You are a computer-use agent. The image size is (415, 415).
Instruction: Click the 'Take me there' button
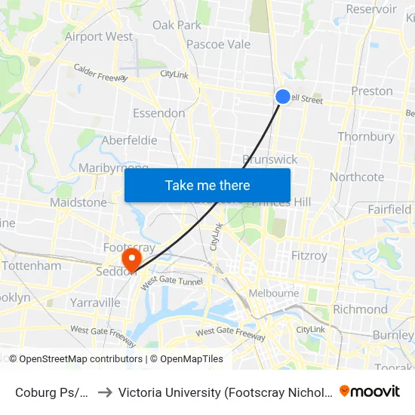click(x=207, y=185)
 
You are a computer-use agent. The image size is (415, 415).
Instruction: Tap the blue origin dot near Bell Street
click(x=282, y=97)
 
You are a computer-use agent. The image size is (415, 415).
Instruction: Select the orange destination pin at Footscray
click(x=132, y=260)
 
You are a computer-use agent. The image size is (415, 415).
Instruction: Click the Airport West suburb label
click(x=99, y=36)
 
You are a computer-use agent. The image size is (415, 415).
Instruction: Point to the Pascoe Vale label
click(x=218, y=45)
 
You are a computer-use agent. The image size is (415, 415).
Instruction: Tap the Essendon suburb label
click(x=158, y=113)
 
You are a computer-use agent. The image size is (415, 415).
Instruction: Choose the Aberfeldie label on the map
click(x=129, y=140)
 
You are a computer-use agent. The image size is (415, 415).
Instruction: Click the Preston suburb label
click(x=372, y=91)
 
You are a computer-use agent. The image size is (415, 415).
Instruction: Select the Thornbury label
click(x=366, y=137)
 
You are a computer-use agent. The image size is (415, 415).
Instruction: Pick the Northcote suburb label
click(x=357, y=177)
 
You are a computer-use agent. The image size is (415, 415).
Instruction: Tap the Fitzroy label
click(x=309, y=256)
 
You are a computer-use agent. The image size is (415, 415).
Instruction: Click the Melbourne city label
click(x=274, y=293)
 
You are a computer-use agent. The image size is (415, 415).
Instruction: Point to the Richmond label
click(x=360, y=309)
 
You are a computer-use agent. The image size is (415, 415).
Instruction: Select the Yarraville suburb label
click(x=95, y=303)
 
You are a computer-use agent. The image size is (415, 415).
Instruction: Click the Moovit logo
click(x=370, y=391)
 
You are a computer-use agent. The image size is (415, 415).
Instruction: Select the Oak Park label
click(x=177, y=25)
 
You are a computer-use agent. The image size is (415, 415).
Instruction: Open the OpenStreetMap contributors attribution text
click(x=81, y=359)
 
